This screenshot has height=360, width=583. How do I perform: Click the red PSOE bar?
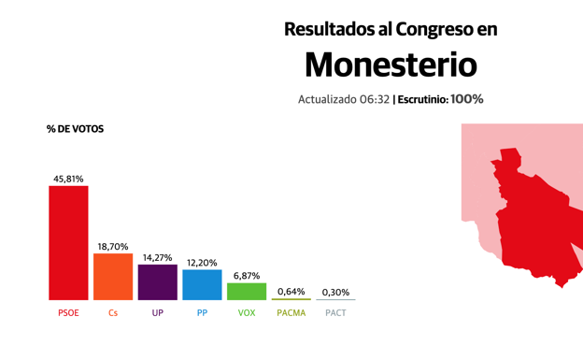68,243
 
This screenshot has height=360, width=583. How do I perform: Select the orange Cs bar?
113,277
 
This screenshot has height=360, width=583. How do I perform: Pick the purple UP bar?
157,282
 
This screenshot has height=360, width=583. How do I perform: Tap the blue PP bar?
202,285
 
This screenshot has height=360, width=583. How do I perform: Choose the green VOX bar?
247,292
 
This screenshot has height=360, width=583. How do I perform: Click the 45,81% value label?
68,179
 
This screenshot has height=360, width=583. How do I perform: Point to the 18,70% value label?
113,247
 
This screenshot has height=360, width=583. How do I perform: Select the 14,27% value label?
157,257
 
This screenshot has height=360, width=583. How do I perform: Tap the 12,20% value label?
202,263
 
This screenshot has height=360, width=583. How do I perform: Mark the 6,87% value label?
247,276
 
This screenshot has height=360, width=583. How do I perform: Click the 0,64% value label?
291,292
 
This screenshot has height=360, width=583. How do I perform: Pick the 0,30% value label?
335,293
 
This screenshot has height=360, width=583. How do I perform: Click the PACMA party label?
291,313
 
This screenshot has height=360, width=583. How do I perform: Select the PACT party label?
335,313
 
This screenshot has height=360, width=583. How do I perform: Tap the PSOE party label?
68,313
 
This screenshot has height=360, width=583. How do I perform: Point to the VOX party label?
247,313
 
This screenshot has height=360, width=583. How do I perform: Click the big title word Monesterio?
391,65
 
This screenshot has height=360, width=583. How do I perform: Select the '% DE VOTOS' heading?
75,129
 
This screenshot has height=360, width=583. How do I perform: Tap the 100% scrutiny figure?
466,99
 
